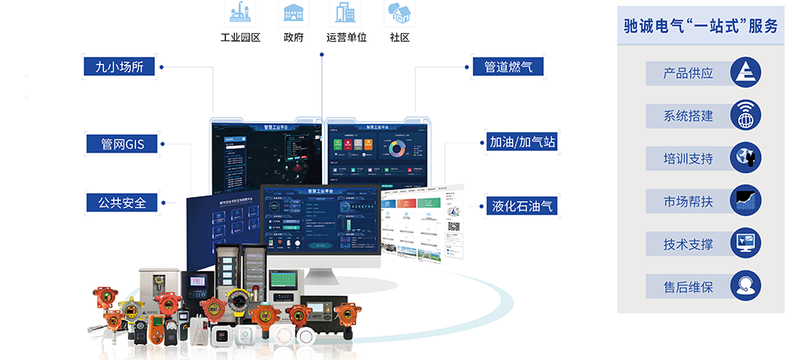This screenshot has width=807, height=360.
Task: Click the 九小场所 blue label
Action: pos(119,66)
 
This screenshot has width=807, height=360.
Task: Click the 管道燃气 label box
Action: pos(508,66)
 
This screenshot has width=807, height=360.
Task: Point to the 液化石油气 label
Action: pos(522,206)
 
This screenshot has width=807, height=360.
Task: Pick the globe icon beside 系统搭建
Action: pos(745,115)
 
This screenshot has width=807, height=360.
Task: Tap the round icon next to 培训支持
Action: pos(745,158)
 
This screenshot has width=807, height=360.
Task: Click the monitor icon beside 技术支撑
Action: pos(745,243)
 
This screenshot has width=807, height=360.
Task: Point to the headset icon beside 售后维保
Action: pos(745,286)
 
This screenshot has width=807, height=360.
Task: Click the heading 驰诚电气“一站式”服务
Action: pos(700,27)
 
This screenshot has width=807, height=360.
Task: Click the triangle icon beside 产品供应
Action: pos(745,73)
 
